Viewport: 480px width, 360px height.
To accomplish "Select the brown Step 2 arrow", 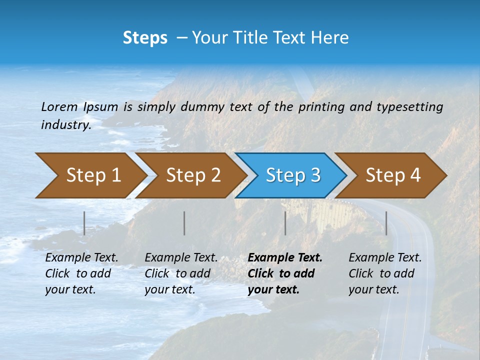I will (x=192, y=175).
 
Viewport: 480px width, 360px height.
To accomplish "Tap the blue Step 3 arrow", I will (x=292, y=175).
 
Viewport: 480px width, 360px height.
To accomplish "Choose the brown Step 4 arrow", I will (x=392, y=175).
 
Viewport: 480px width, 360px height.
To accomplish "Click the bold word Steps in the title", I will (x=145, y=38).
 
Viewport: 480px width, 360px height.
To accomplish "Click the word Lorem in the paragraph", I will (x=59, y=107).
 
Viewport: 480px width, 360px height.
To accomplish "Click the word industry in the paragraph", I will (x=66, y=125).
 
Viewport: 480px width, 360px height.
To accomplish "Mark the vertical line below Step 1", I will (x=84, y=223).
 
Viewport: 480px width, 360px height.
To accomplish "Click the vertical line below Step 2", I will (x=184, y=223).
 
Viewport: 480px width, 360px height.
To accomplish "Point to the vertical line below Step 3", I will (x=285, y=223).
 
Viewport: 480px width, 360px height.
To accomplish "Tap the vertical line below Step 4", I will (x=386, y=223).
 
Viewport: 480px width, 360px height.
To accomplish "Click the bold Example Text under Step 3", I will (x=285, y=258).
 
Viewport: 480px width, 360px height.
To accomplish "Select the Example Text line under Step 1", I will (x=81, y=258).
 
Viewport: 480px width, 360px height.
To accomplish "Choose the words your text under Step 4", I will (x=373, y=289).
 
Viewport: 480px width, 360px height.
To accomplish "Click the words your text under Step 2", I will (x=169, y=289).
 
